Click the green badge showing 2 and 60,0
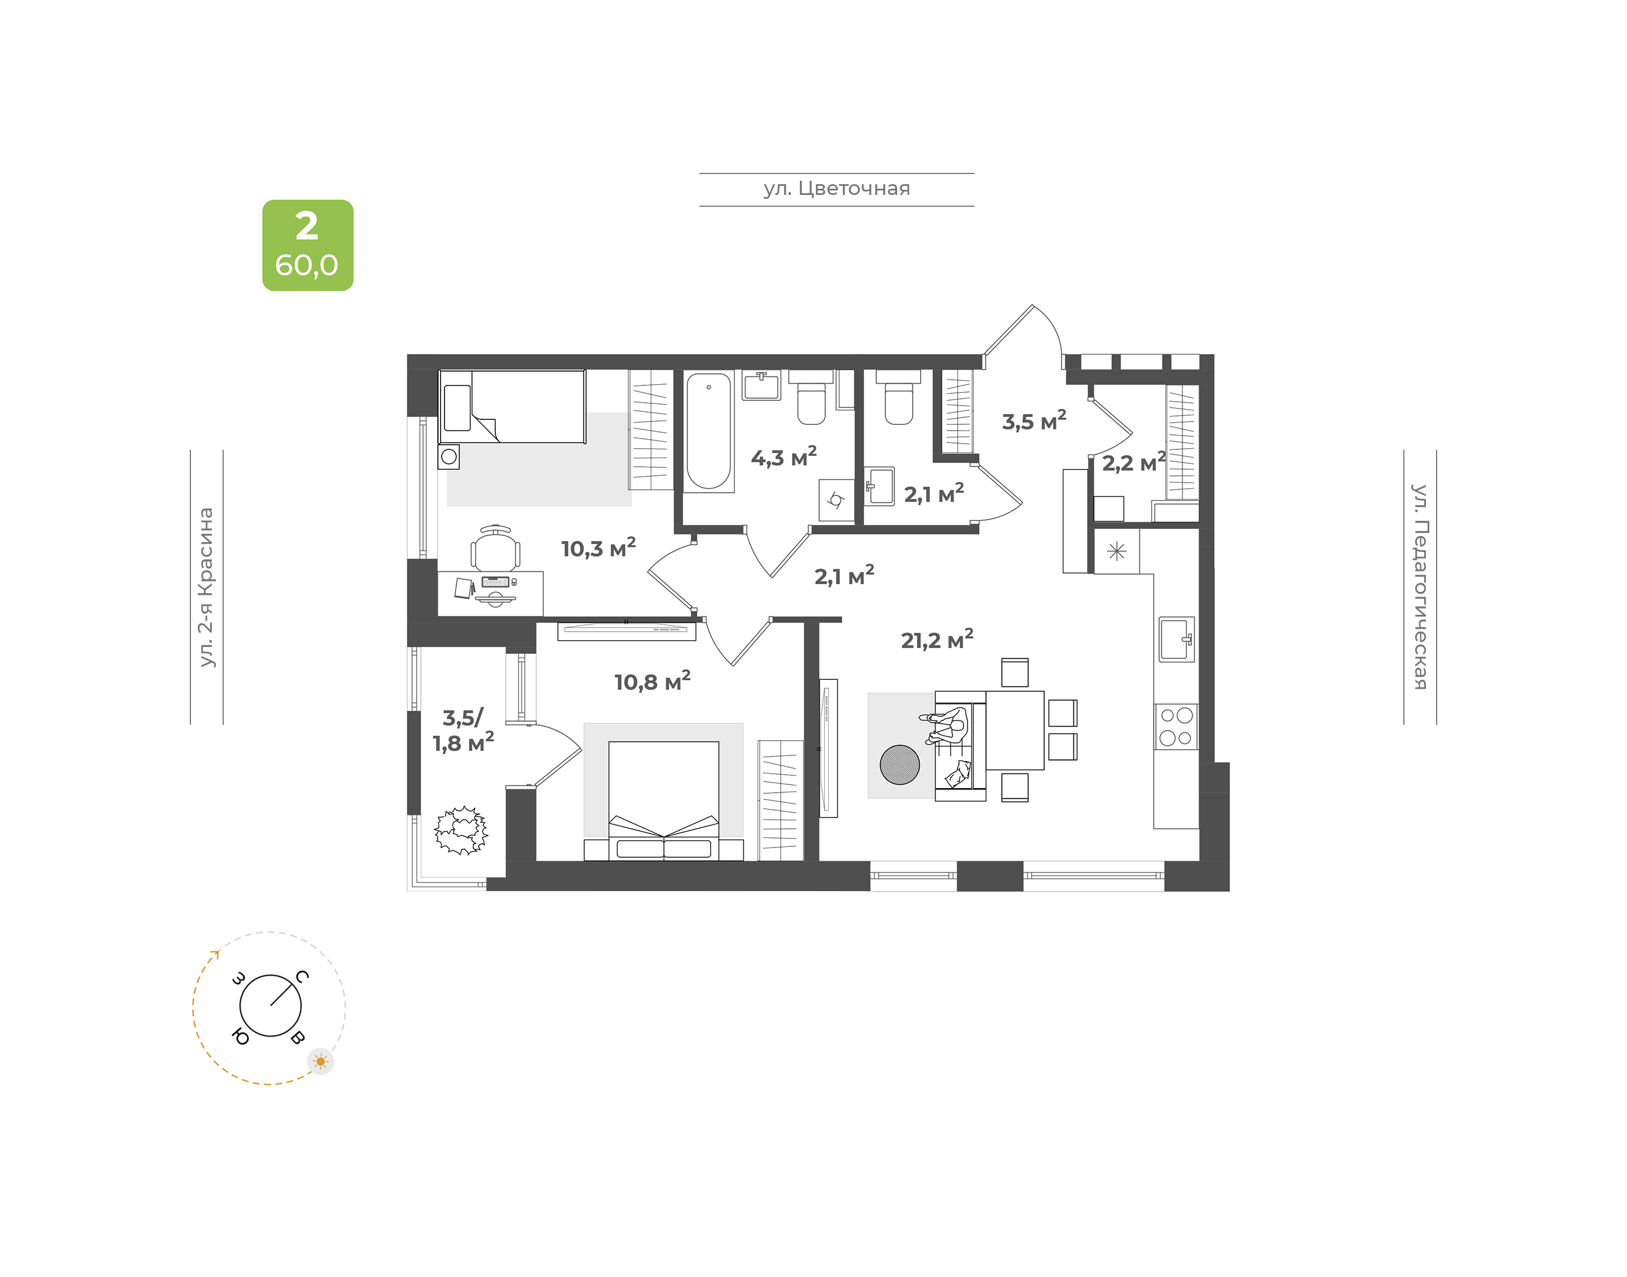307,245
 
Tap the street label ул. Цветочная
836,188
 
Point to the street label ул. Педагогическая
1419,587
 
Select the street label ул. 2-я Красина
206,587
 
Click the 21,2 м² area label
937,639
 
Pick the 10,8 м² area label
652,681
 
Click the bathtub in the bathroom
708,431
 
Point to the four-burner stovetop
1176,727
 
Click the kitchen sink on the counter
1176,638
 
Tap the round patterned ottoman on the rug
900,765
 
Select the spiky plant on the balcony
461,831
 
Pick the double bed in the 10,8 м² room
664,801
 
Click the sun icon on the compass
321,1061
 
